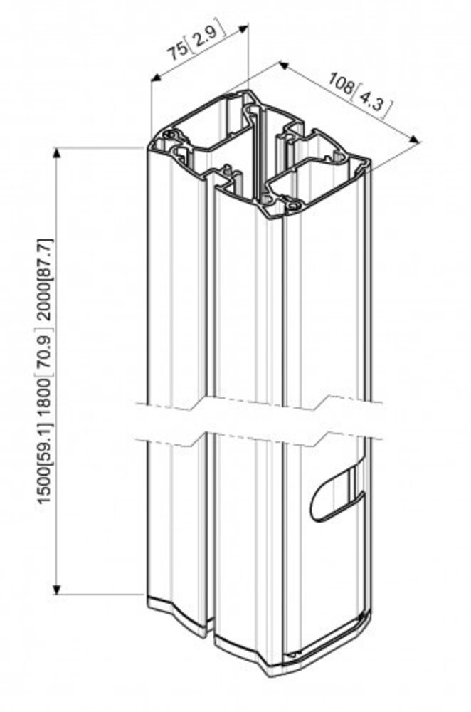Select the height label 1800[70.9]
point(43,385)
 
